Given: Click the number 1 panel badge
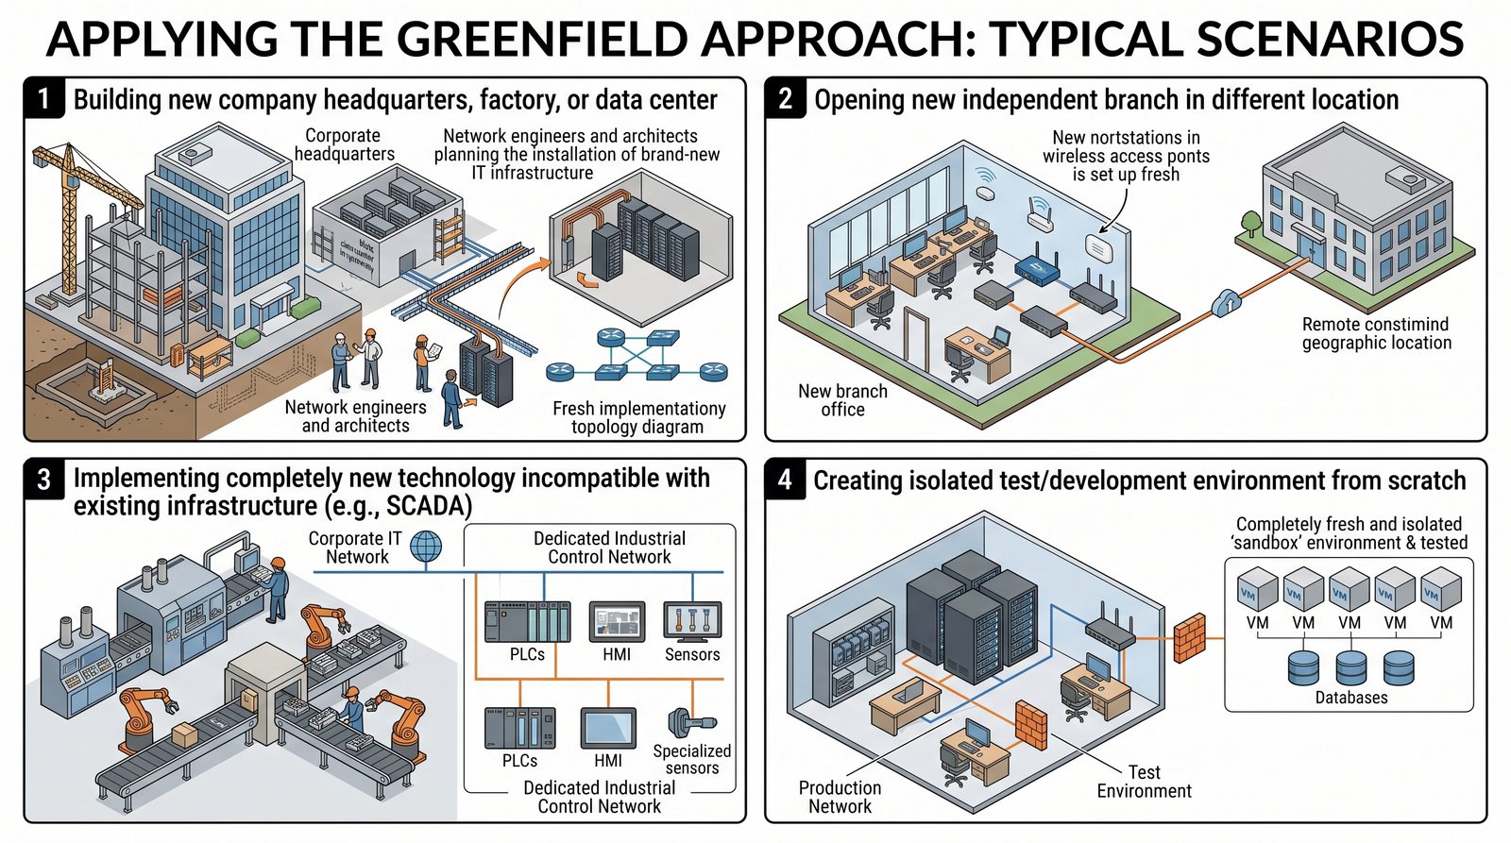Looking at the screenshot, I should coord(42,98).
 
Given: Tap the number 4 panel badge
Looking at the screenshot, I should coord(785,480).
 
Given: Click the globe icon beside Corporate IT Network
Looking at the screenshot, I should coord(426,547).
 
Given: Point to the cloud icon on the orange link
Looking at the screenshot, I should coord(1227,303).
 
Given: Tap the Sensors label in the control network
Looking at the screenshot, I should coord(692,654).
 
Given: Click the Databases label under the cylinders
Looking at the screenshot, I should coord(1351,698).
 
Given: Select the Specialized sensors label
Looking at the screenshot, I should coord(692,759).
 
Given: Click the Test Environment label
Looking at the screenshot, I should coord(1144,782).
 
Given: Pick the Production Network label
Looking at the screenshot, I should coord(840,797).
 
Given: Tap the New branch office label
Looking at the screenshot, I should coord(842,400).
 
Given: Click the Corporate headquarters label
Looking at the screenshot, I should coord(344,144).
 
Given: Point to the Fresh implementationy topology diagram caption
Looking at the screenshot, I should coord(638,417).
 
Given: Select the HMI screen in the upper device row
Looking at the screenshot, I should coord(617,622).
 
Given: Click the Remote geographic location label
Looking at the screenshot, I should coord(1376,333).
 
